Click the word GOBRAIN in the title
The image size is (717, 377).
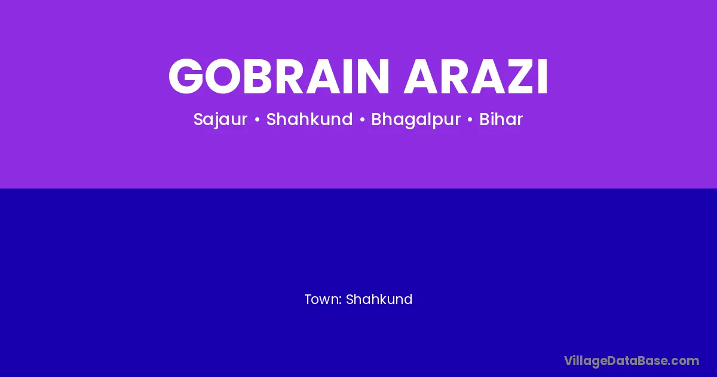coord(279,77)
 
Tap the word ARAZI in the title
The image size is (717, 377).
coord(476,77)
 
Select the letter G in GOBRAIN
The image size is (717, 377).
coord(186,77)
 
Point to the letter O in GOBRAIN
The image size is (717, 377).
coord(224,77)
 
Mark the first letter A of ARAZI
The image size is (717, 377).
coord(422,77)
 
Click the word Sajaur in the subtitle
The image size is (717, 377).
coord(220,120)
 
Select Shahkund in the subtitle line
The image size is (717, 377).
coord(310,119)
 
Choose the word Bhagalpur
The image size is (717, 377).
coord(416,120)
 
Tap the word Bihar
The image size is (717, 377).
coord(501,119)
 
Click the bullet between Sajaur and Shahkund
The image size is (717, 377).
coord(257,120)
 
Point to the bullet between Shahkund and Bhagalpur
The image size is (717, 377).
coord(362,120)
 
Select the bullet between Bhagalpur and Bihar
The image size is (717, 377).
coord(470,120)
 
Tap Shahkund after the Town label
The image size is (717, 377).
coord(379,299)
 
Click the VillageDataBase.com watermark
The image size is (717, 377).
coord(632,361)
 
